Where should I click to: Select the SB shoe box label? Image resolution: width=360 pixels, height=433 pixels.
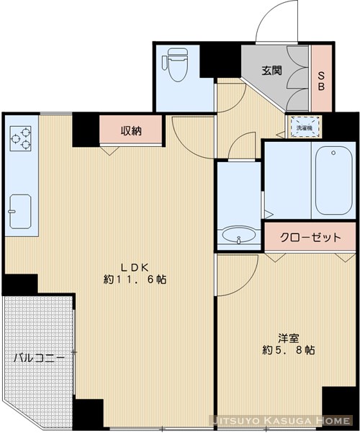[322, 77]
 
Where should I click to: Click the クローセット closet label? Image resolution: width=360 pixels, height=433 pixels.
[310, 236]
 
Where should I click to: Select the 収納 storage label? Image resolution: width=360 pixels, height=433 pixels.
[131, 131]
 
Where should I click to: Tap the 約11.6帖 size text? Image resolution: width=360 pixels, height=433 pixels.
[135, 279]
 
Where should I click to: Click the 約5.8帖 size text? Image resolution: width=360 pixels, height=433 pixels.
[288, 350]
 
